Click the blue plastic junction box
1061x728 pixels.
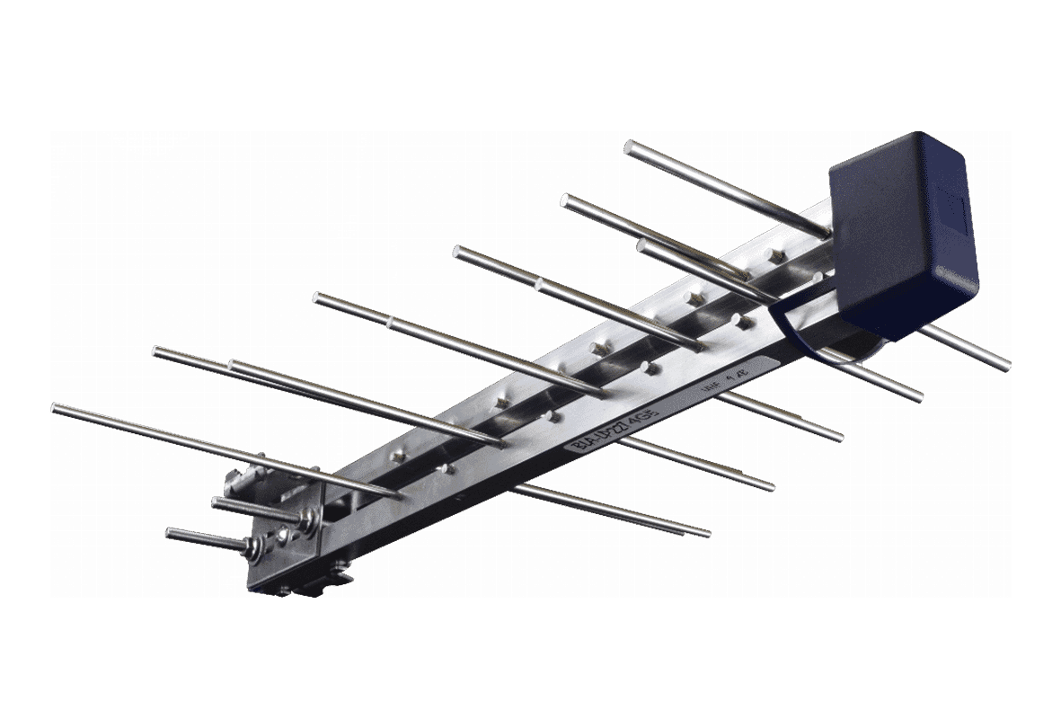coord(903,234)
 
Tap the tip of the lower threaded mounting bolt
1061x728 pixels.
coord(171,535)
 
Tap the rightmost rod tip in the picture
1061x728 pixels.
coord(1005,365)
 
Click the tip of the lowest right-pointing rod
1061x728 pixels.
coord(706,532)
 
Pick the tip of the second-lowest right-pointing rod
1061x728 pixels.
coord(770,487)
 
